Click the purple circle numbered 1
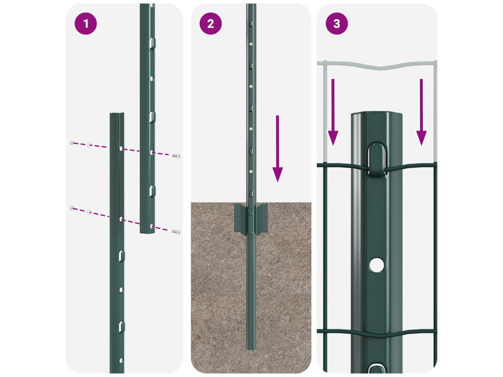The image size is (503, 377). pyautogui.click(x=85, y=24)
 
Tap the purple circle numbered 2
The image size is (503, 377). pyautogui.click(x=211, y=24)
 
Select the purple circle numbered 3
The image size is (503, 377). pyautogui.click(x=337, y=24)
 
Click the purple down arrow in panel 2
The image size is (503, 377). pyautogui.click(x=278, y=149)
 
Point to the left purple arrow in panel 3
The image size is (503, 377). pyautogui.click(x=333, y=112)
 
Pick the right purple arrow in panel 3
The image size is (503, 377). pyautogui.click(x=421, y=112)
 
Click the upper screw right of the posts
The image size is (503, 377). pyautogui.click(x=176, y=156)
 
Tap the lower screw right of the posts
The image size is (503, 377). pyautogui.click(x=176, y=232)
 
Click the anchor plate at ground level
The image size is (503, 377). pyautogui.click(x=251, y=218)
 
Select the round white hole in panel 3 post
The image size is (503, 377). pyautogui.click(x=377, y=265)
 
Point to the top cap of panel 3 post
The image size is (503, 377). pyautogui.click(x=377, y=115)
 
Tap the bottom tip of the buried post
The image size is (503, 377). pyautogui.click(x=251, y=349)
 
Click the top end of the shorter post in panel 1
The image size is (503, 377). pyautogui.click(x=117, y=114)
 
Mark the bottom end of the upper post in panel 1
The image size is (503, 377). pyautogui.click(x=147, y=232)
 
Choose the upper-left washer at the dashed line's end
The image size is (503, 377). pyautogui.click(x=72, y=143)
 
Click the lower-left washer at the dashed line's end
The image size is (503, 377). pyautogui.click(x=72, y=208)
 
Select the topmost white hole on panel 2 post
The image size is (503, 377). pyautogui.click(x=251, y=44)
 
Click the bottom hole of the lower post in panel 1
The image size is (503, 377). pyautogui.click(x=121, y=361)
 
